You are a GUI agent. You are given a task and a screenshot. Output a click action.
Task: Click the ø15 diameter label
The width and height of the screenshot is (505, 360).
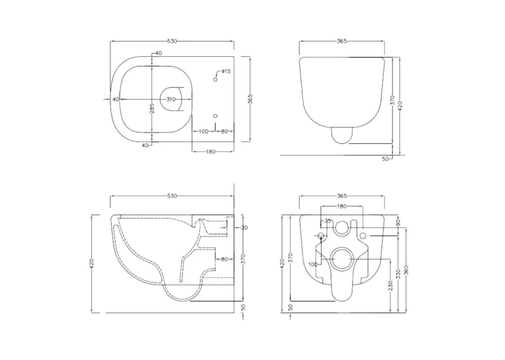[x=226, y=71]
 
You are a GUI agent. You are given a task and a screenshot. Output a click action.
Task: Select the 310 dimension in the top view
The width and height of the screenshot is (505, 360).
[x=171, y=99]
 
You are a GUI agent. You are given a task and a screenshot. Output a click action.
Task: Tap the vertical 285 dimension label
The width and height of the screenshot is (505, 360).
[x=152, y=108]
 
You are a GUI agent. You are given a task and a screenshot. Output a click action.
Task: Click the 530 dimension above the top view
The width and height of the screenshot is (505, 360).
[x=172, y=41]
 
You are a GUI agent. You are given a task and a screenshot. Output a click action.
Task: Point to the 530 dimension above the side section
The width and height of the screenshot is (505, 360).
[x=172, y=196]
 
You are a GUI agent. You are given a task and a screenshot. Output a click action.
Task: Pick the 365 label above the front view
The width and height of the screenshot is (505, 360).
[x=342, y=41]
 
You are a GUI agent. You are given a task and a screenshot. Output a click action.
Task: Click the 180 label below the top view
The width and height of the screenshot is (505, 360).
[x=211, y=152]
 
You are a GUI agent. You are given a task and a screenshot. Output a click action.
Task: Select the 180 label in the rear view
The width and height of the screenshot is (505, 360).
[x=341, y=206]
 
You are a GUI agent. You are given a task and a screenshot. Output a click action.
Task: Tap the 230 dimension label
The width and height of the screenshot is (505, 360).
[x=391, y=286]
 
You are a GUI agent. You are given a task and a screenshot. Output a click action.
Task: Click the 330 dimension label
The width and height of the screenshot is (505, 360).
[x=399, y=274]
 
